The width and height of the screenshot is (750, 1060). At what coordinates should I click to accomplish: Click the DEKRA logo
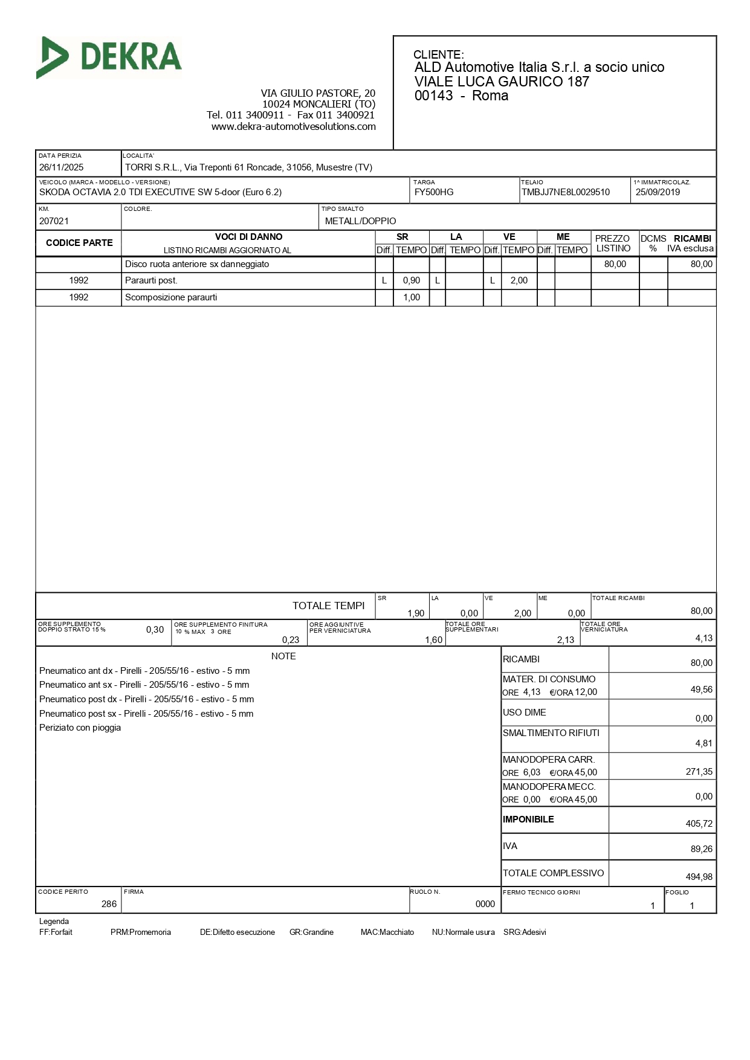(109, 57)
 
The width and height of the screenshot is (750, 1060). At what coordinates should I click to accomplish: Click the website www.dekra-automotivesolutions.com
(293, 126)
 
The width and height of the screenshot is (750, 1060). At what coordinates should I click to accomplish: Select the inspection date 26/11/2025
(61, 167)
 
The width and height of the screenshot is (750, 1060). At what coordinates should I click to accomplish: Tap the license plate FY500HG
(433, 192)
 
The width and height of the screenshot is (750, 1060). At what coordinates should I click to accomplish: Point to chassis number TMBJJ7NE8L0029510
(565, 192)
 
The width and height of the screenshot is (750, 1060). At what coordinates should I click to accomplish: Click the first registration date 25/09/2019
(658, 192)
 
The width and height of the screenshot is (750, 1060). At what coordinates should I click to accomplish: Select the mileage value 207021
(54, 221)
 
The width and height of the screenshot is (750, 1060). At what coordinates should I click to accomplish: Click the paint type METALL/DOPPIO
(360, 221)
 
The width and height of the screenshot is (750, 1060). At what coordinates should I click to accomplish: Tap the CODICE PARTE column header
(79, 243)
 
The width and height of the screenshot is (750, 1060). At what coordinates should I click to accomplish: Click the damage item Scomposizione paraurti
(171, 297)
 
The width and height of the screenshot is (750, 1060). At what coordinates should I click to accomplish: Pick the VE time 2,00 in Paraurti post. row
(519, 280)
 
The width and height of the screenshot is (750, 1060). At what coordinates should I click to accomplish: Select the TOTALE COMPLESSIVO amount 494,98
(699, 877)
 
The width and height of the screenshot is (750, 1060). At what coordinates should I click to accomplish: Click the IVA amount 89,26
(701, 849)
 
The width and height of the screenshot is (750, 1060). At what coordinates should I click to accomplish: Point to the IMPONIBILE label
(528, 819)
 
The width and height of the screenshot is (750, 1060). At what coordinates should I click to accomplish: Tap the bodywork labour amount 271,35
(699, 772)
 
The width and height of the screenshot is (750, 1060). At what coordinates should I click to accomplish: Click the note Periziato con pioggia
(80, 728)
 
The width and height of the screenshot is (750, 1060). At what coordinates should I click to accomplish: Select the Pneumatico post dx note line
(146, 699)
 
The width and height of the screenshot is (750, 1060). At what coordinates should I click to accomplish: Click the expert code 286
(109, 904)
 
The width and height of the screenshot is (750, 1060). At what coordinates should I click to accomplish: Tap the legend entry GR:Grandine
(311, 932)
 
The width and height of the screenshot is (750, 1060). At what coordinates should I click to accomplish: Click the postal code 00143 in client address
(433, 96)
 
